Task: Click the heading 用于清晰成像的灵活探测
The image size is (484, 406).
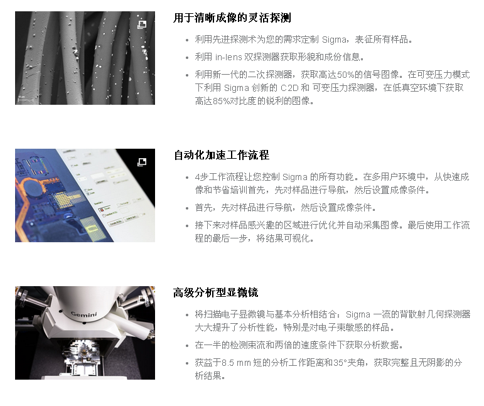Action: point(232,18)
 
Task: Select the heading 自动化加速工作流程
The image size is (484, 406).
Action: point(222,155)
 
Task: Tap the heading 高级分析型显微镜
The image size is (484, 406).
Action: point(216,292)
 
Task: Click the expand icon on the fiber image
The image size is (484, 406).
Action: point(142,24)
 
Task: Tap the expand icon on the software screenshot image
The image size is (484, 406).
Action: point(142,162)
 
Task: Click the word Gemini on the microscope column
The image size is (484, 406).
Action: point(84,314)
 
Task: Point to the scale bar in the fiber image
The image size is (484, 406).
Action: point(25,99)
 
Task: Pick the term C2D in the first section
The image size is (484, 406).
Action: point(289,88)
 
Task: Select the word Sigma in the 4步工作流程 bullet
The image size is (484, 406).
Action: point(295,177)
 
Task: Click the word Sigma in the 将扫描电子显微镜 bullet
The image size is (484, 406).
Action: point(358,314)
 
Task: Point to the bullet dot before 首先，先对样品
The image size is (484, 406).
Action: point(187,208)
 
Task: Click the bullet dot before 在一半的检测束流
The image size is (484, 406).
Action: point(187,346)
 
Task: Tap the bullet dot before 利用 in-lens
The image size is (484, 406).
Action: point(187,58)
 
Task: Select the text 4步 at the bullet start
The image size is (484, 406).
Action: point(202,177)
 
